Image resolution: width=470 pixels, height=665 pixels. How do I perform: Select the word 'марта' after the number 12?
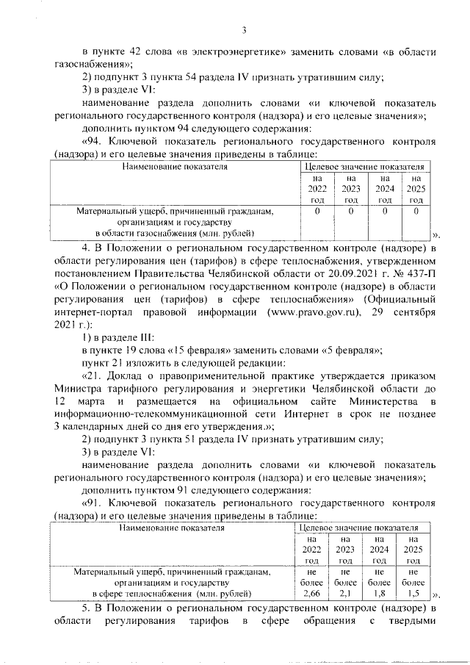pos(101,401)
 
